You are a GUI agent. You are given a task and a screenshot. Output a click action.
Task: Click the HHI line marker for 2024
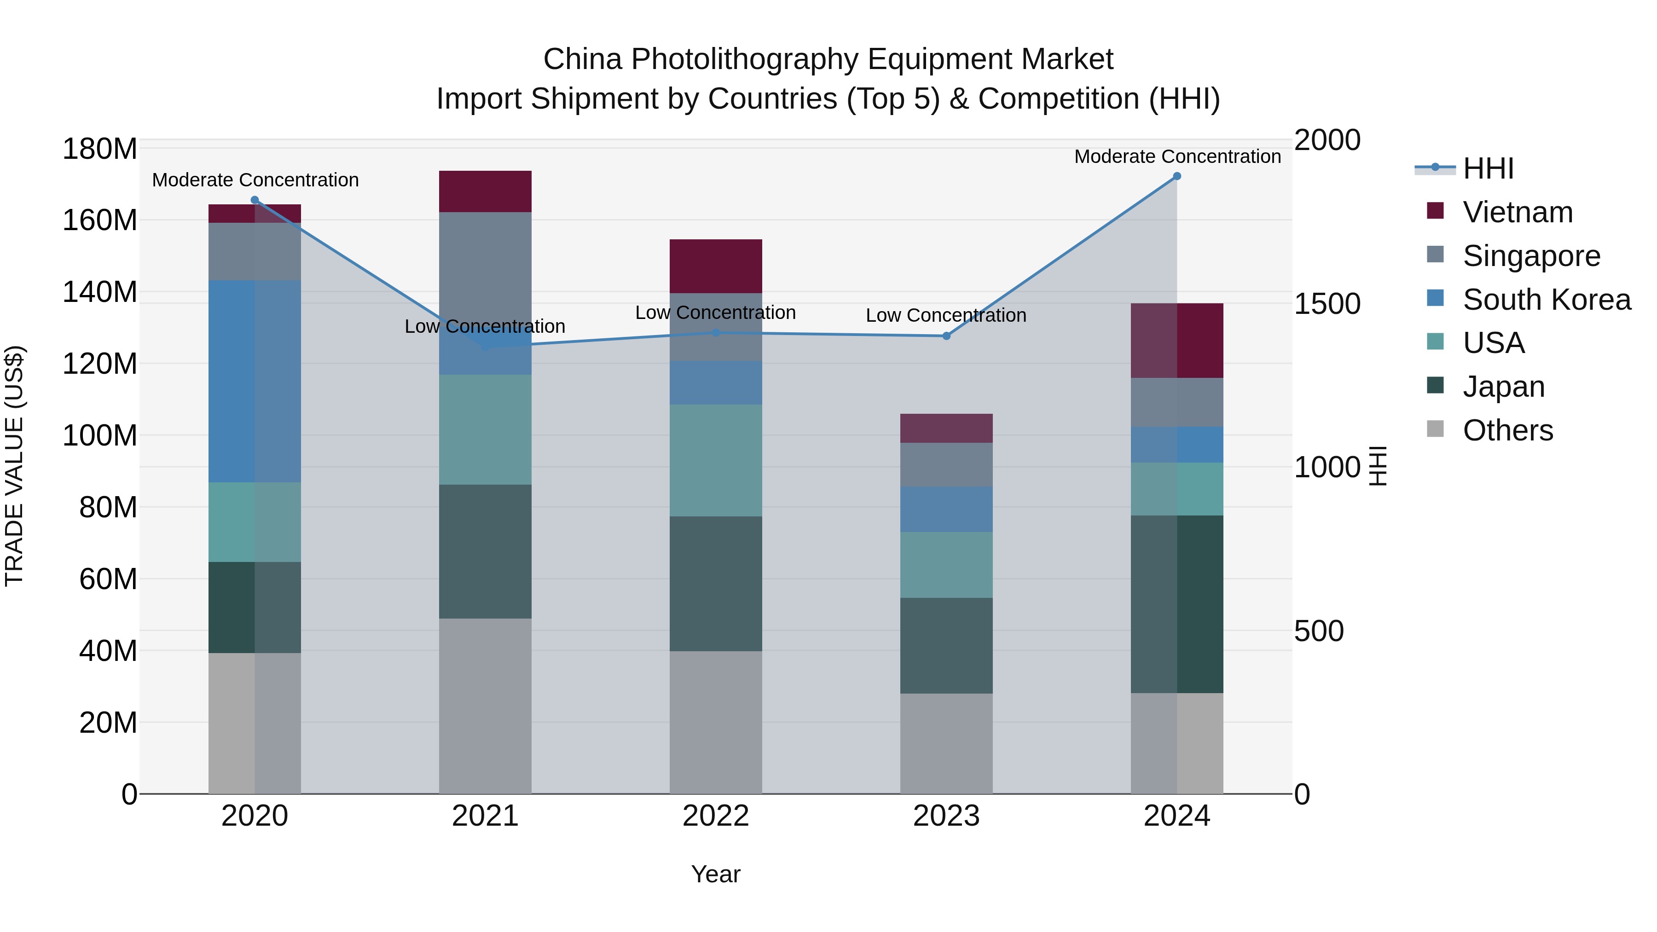pyautogui.click(x=1176, y=176)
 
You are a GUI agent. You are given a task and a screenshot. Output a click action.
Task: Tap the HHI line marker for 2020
pyautogui.click(x=255, y=200)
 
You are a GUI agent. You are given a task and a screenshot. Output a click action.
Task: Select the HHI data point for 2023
pyautogui.click(x=946, y=336)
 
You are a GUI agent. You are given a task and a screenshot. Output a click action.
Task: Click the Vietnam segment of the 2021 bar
pyautogui.click(x=485, y=191)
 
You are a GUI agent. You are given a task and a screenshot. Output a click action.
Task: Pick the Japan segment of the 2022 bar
pyautogui.click(x=715, y=584)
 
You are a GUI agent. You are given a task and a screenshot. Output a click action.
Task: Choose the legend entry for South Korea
pyautogui.click(x=1547, y=300)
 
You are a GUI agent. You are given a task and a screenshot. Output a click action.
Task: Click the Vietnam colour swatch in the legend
pyautogui.click(x=1435, y=211)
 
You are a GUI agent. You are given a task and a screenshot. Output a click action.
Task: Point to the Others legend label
pyautogui.click(x=1508, y=430)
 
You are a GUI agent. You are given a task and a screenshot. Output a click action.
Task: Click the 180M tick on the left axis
pyautogui.click(x=100, y=149)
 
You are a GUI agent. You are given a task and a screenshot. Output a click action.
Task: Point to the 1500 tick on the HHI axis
pyautogui.click(x=1327, y=304)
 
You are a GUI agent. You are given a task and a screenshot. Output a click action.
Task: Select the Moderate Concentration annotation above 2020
pyautogui.click(x=255, y=180)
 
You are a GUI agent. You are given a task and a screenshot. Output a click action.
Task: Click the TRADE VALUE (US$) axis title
pyautogui.click(x=14, y=466)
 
